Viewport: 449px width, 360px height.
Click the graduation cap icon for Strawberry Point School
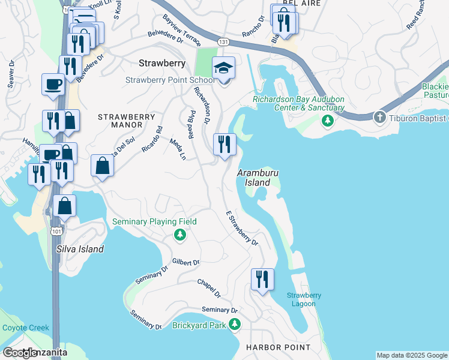[224, 70]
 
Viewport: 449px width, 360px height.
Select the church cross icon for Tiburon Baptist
[380, 117]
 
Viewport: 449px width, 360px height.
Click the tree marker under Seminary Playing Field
[179, 235]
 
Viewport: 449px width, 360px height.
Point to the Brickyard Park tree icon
[235, 325]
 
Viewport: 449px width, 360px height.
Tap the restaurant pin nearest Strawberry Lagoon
[262, 280]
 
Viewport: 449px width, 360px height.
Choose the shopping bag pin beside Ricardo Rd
[103, 165]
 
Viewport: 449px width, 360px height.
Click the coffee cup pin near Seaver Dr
[52, 84]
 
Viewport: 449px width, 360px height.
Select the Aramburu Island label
[259, 177]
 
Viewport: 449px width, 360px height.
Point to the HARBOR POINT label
[279, 347]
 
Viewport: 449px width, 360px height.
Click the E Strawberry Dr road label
[242, 229]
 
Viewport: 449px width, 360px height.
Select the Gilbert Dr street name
[185, 262]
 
